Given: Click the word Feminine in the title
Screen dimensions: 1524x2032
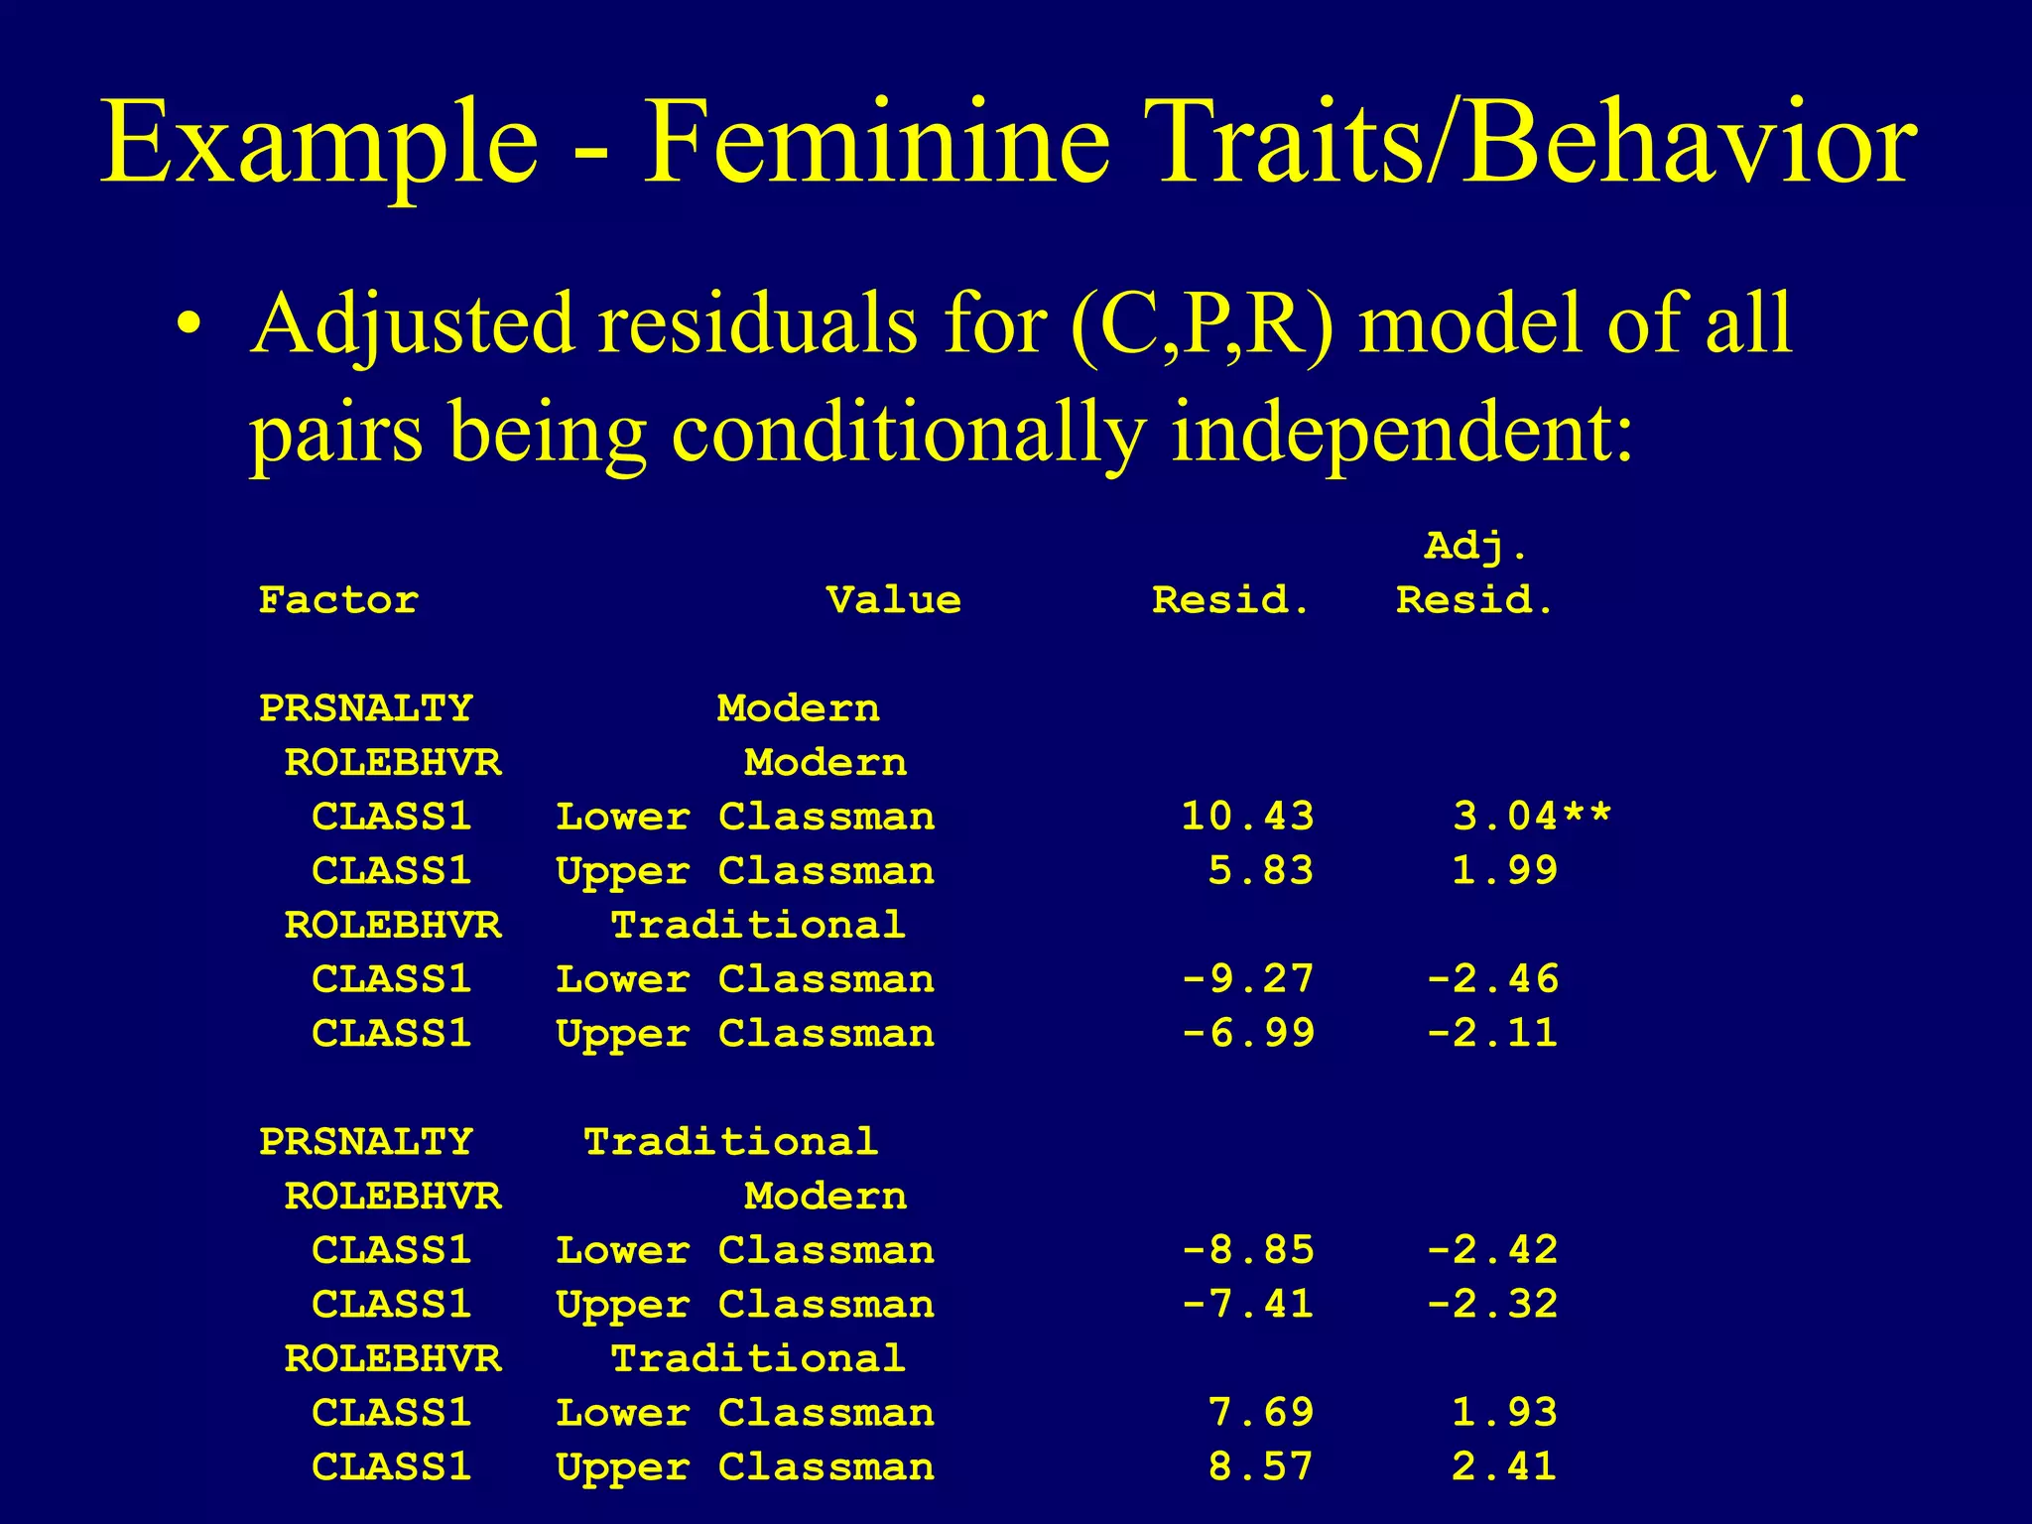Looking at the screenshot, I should [x=876, y=144].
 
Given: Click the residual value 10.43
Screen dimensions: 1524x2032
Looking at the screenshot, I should [x=1247, y=817].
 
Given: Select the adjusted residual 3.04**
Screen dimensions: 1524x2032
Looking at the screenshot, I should [x=1532, y=817].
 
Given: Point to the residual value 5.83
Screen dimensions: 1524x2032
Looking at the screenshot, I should [x=1260, y=871].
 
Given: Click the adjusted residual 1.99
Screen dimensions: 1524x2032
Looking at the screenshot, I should [x=1504, y=871].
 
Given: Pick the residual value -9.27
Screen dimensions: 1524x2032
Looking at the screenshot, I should [x=1247, y=979].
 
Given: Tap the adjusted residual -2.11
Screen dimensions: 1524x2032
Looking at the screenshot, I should [x=1491, y=1034].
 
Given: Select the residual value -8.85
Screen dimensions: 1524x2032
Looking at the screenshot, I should [x=1247, y=1250].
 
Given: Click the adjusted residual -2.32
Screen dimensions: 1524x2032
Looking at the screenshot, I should [x=1491, y=1305].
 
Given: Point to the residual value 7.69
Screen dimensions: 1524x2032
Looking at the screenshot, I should [x=1260, y=1413].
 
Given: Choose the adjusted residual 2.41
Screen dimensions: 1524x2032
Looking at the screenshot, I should [x=1504, y=1466].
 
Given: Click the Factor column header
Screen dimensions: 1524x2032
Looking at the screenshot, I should [x=338, y=600].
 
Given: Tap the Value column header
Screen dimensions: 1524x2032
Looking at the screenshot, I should [x=893, y=600].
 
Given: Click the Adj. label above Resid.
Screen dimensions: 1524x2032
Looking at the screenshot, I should [x=1476, y=547].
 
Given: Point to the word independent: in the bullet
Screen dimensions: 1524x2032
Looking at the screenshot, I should [x=1402, y=433].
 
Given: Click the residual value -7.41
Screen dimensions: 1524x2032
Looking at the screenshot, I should [x=1247, y=1305].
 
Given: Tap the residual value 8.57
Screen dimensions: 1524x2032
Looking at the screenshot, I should [x=1260, y=1466].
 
